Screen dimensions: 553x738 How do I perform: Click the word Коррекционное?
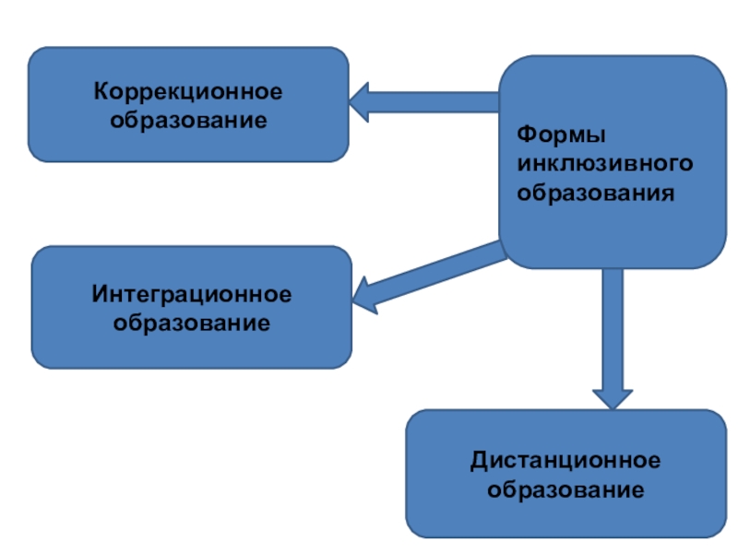tap(188, 93)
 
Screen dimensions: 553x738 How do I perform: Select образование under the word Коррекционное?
tap(188, 120)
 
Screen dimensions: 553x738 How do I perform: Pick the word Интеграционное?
tap(192, 295)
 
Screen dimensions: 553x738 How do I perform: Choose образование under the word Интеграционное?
tap(192, 323)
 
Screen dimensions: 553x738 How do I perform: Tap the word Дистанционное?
tap(565, 460)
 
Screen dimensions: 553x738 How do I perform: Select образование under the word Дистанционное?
tap(565, 488)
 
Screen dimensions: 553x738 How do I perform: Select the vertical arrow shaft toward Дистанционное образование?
tap(610, 323)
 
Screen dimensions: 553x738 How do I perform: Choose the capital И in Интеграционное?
tap(100, 295)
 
